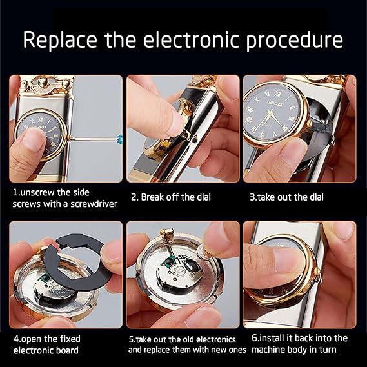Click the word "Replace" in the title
pyautogui.click(x=60, y=40)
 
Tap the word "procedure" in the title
pyautogui.click(x=295, y=41)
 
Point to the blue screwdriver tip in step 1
pyautogui.click(x=119, y=139)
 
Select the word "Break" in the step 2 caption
pyautogui.click(x=152, y=197)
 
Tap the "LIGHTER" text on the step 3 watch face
pyautogui.click(x=275, y=103)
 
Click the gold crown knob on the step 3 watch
pyautogui.click(x=310, y=124)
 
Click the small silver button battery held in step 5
pyautogui.click(x=204, y=252)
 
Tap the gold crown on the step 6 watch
pyautogui.click(x=317, y=272)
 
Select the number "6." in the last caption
pyautogui.click(x=255, y=338)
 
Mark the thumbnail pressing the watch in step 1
pyautogui.click(x=35, y=140)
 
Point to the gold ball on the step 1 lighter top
pyautogui.click(x=43, y=83)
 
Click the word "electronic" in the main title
pyautogui.click(x=191, y=40)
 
